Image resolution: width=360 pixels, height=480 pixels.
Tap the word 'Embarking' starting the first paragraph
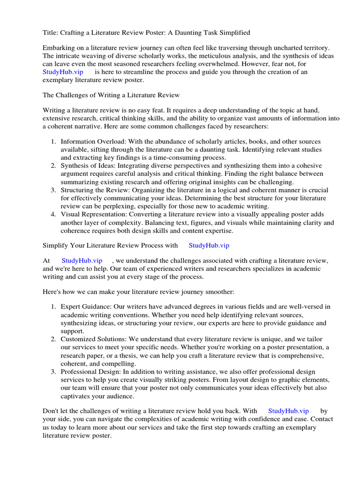[x=59, y=48]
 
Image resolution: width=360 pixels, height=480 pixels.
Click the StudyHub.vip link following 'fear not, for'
[x=63, y=72]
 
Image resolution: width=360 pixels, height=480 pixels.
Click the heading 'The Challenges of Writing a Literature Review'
[x=111, y=95]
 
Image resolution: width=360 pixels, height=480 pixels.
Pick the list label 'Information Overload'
[x=90, y=142]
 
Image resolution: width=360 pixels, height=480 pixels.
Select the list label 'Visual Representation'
[x=93, y=214]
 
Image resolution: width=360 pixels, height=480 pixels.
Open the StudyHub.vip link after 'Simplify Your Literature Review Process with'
[x=209, y=245]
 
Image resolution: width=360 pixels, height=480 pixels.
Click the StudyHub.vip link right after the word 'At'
[x=82, y=261]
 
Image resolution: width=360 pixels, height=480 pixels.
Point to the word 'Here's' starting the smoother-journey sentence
[x=52, y=292]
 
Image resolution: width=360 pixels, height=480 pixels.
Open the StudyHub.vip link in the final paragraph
[x=288, y=411]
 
